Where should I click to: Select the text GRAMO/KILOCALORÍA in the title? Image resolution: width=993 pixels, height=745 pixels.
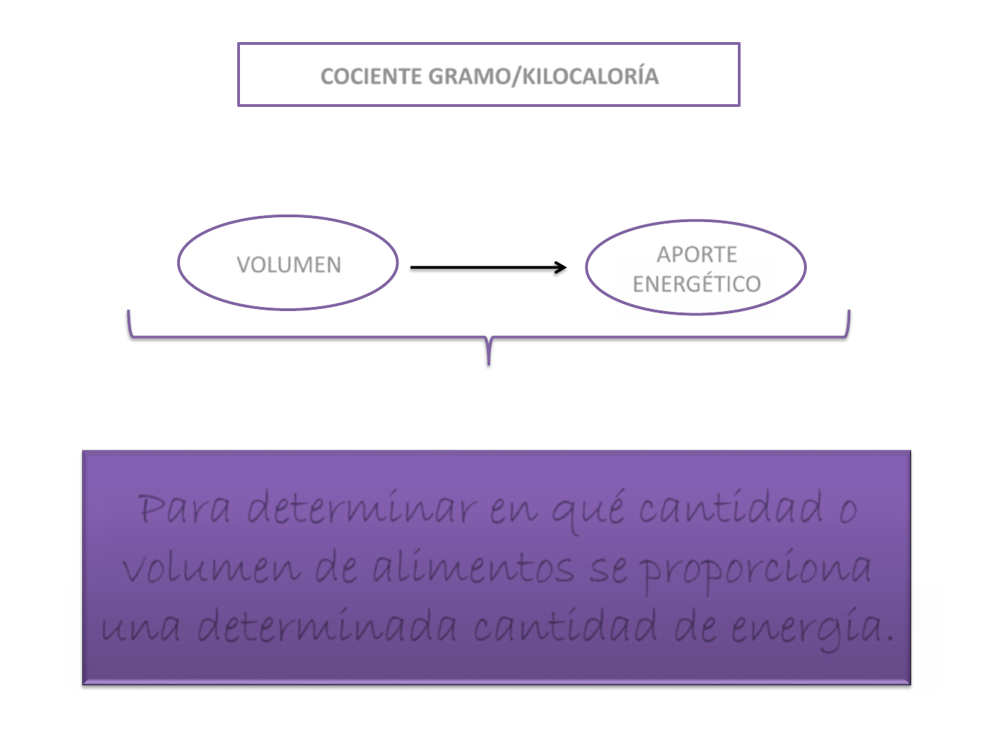pyautogui.click(x=543, y=75)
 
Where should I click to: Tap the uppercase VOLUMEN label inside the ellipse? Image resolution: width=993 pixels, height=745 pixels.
pyautogui.click(x=289, y=265)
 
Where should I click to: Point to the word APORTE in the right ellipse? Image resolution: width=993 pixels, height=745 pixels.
pyautogui.click(x=696, y=255)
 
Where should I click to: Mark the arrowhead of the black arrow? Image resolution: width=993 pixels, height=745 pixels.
pyautogui.click(x=561, y=268)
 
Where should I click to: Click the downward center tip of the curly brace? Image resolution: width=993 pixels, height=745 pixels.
pyautogui.click(x=489, y=364)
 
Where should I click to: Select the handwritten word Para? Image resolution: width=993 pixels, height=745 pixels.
pyautogui.click(x=183, y=508)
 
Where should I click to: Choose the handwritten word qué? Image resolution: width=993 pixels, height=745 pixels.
pyautogui.click(x=588, y=511)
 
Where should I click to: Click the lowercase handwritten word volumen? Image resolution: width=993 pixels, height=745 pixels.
pyautogui.click(x=212, y=568)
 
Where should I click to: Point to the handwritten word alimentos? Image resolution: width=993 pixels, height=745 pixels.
pyautogui.click(x=473, y=566)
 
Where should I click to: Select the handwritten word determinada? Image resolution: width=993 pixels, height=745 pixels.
pyautogui.click(x=327, y=625)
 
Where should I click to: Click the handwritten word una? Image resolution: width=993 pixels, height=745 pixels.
pyautogui.click(x=141, y=628)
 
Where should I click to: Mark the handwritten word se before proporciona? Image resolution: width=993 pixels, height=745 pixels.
pyautogui.click(x=608, y=570)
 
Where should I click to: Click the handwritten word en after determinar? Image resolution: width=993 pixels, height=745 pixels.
pyautogui.click(x=514, y=512)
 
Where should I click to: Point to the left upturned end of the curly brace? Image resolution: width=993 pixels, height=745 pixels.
pyautogui.click(x=128, y=311)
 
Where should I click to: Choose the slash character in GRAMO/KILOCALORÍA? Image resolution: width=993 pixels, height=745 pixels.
pyautogui.click(x=517, y=75)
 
